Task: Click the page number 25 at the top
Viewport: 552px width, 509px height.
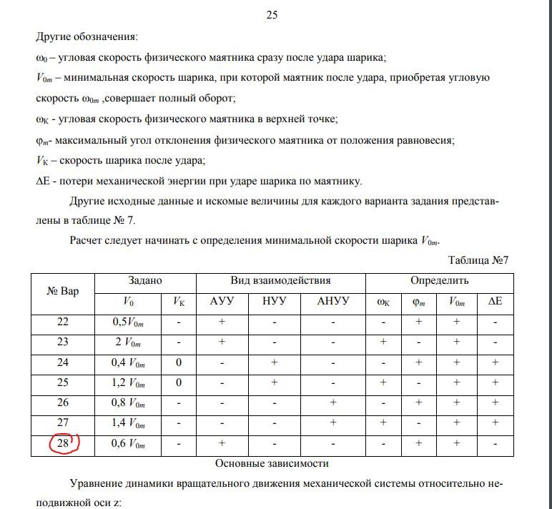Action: point(272,14)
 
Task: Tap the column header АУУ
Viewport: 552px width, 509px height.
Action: point(222,302)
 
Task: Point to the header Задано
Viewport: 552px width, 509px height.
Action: point(145,281)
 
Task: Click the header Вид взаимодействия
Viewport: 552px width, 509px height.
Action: point(280,281)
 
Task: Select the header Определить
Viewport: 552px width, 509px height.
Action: point(439,281)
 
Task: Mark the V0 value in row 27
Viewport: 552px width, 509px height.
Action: point(129,424)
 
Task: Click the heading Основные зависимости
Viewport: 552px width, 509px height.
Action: point(277,463)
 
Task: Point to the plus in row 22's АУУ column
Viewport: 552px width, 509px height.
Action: point(222,322)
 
